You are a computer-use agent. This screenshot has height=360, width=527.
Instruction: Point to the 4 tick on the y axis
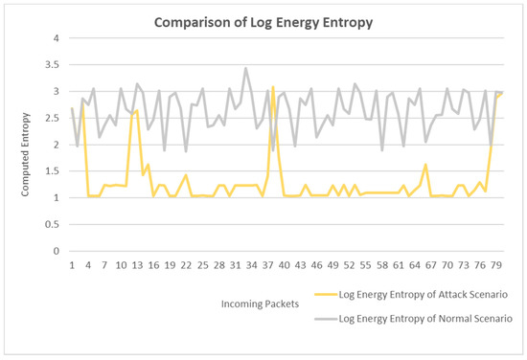click(x=58, y=38)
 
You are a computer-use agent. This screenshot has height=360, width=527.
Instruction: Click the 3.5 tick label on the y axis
click(x=55, y=65)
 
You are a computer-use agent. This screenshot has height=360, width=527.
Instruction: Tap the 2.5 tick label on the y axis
click(x=55, y=118)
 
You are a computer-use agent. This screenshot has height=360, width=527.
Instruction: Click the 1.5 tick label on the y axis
click(x=55, y=171)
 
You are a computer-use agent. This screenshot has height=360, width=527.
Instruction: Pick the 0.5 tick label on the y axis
click(x=55, y=225)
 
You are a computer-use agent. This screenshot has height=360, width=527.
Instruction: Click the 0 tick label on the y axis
click(x=58, y=251)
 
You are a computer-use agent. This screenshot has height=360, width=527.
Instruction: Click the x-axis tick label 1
click(x=73, y=264)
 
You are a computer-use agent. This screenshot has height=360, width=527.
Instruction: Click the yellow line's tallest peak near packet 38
click(x=273, y=87)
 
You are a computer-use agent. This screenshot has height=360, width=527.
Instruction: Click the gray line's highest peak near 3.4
click(x=246, y=69)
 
